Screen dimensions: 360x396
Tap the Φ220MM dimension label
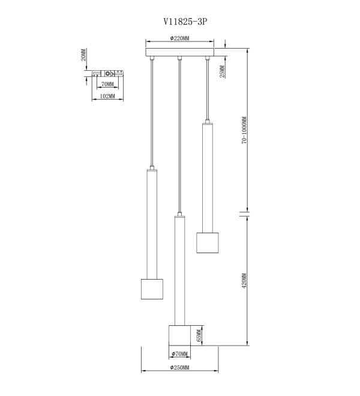[x=179, y=38]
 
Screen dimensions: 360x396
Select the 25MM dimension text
[x=222, y=71]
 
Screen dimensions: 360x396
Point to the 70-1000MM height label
[x=244, y=130]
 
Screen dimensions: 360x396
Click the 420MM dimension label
[x=244, y=281]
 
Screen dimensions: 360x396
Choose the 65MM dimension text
[x=199, y=335]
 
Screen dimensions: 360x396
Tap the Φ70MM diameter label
[x=179, y=354]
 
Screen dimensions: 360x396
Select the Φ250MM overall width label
[x=179, y=367]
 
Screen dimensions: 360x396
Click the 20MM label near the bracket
[x=83, y=55]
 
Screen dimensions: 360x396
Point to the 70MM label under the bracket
[x=107, y=84]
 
